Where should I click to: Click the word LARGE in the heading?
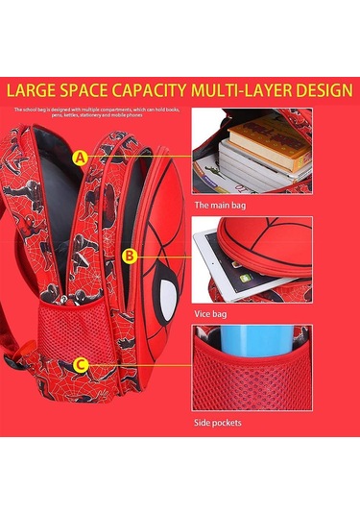[x=36, y=92]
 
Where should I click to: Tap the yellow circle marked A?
[x=81, y=157]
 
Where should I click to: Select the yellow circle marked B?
[x=131, y=256]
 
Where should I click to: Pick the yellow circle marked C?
[x=81, y=364]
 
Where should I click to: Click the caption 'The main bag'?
[x=220, y=205]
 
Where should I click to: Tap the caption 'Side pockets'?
[x=218, y=422]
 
